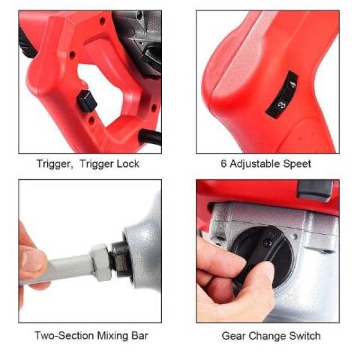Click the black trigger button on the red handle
click(x=86, y=101)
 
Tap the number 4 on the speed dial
click(x=292, y=84)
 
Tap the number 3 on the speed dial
click(x=281, y=105)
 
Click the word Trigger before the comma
click(x=55, y=164)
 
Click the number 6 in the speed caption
click(x=223, y=164)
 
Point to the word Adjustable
click(x=255, y=164)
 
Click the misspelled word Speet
click(x=297, y=164)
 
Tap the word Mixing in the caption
click(x=112, y=336)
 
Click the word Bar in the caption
click(x=139, y=336)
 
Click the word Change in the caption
click(x=267, y=336)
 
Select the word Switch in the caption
click(x=305, y=336)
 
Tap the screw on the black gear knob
click(x=268, y=243)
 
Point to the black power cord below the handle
click(x=150, y=137)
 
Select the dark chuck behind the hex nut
click(x=119, y=259)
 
